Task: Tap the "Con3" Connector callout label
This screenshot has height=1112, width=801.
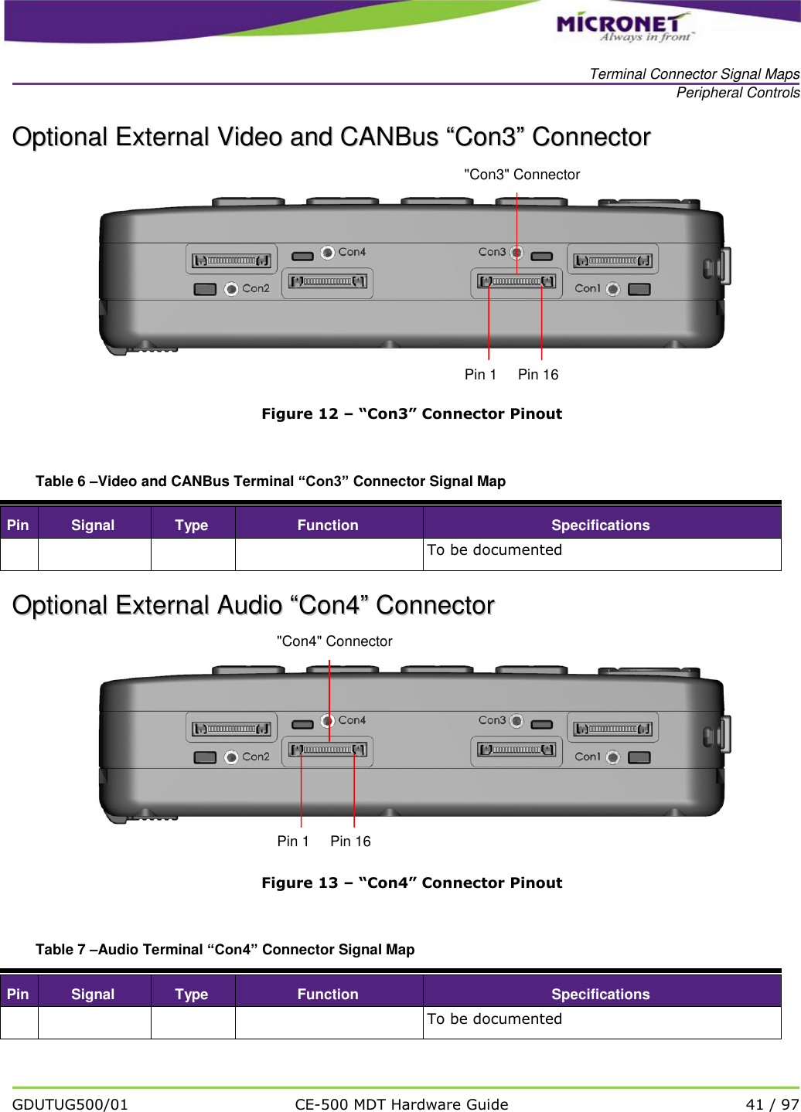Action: (521, 175)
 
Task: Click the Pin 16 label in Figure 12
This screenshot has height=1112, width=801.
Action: (538, 375)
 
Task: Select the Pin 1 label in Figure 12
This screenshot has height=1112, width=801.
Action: (480, 375)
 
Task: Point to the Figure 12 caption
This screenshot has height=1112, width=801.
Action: (411, 414)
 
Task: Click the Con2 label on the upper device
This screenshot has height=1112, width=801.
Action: (255, 288)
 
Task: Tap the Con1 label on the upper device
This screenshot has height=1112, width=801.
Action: (588, 288)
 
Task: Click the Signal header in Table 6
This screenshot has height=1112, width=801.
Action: (93, 525)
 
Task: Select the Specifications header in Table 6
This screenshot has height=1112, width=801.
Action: (600, 525)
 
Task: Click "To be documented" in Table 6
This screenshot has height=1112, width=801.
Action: (495, 550)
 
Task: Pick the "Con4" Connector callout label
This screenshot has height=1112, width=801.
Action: (334, 641)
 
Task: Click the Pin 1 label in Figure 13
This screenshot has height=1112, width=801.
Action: (293, 842)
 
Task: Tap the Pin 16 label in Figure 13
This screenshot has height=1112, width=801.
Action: (350, 842)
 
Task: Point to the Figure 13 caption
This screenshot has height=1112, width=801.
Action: (411, 883)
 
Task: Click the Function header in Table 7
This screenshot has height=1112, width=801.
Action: (328, 995)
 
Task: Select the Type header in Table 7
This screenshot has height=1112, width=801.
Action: (192, 995)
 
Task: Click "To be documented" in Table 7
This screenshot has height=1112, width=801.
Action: (495, 1019)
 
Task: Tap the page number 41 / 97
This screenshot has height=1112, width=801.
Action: (772, 1104)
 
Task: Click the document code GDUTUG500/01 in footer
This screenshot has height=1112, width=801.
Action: (70, 1104)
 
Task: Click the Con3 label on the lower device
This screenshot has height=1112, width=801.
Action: (492, 720)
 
